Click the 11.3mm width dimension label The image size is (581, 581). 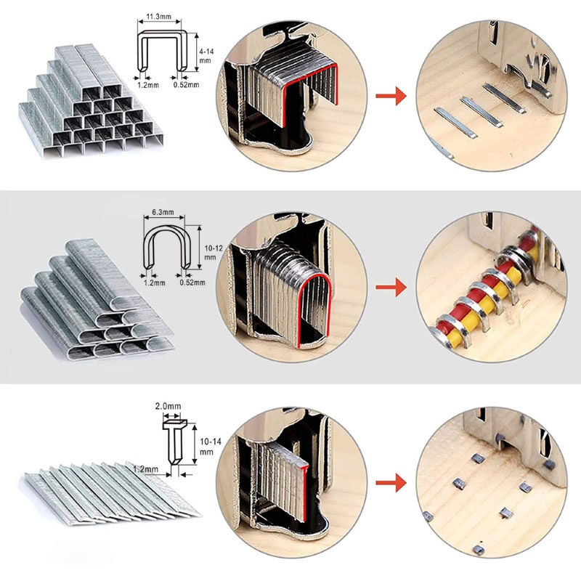[158, 17]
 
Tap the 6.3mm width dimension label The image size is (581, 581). [163, 212]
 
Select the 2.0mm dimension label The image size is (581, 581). [168, 406]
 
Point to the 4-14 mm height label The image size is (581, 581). [206, 56]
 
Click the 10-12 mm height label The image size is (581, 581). [214, 252]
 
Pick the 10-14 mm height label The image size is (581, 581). [210, 447]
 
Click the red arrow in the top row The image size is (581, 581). [391, 96]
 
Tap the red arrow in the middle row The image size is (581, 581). [391, 288]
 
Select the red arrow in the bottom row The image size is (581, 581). [391, 483]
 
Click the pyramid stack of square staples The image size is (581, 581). [91, 101]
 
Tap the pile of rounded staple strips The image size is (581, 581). [97, 300]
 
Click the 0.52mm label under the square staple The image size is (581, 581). [186, 85]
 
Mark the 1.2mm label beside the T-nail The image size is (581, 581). [146, 469]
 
